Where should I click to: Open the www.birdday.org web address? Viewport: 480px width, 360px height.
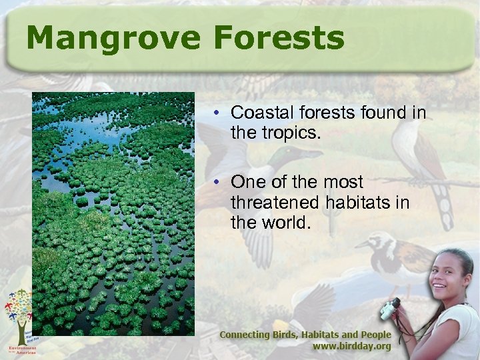tap(352, 347)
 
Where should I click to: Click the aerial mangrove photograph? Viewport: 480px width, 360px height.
tap(113, 213)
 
